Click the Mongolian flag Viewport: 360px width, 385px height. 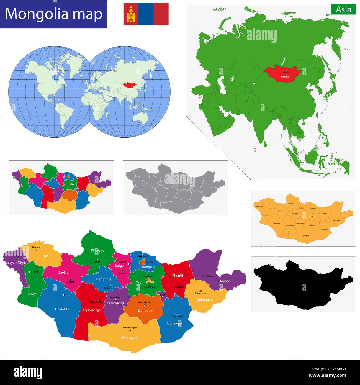[146, 14]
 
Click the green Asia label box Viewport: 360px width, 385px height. [343, 10]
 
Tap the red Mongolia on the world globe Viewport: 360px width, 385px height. [130, 85]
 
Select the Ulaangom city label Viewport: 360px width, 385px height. [37, 247]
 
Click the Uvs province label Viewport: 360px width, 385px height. [45, 256]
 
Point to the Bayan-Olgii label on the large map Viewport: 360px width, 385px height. [16, 262]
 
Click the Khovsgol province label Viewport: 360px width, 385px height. [98, 250]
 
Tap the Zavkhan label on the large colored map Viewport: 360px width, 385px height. [65, 273]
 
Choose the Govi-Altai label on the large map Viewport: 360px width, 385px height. [63, 309]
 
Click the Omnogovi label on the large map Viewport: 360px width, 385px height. [130, 338]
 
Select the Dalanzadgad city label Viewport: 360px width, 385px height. [130, 328]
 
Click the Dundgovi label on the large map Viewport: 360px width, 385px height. [145, 310]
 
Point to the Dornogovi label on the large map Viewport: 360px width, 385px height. [175, 323]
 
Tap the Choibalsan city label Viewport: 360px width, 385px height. [208, 276]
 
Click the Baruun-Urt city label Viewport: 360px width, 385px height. [200, 293]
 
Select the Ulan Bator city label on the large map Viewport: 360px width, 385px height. [148, 276]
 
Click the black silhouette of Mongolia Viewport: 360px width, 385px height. [303, 285]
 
